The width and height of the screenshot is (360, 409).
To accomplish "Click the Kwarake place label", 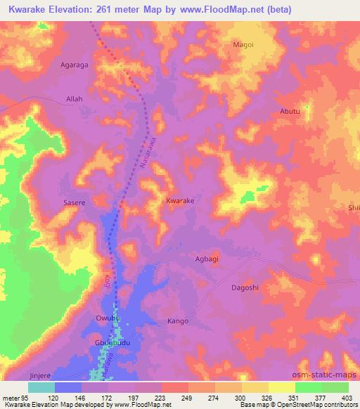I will (x=180, y=201).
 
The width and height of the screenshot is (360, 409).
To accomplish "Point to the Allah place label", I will (x=74, y=99).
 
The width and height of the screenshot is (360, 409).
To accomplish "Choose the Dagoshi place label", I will (x=245, y=288).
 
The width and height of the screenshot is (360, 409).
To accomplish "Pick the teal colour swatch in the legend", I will (x=41, y=387).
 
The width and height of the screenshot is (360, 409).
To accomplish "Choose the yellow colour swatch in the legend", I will (x=282, y=387).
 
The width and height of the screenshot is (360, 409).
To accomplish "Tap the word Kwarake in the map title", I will (x=28, y=9).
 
